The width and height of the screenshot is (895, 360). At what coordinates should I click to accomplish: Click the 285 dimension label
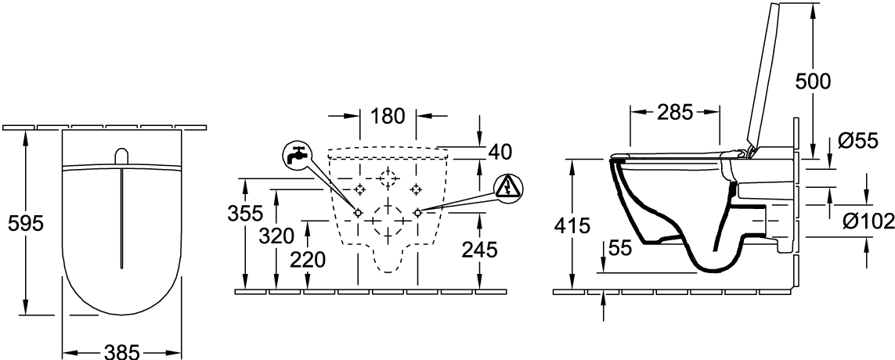[x=675, y=112]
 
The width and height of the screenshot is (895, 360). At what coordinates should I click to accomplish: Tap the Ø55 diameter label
[x=856, y=141]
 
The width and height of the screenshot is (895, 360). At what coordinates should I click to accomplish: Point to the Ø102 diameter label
[x=868, y=222]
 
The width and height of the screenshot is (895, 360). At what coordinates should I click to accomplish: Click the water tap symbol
[x=296, y=155]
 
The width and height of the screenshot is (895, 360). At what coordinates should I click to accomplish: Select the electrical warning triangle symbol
[x=507, y=187]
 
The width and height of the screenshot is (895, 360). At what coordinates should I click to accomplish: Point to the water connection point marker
[x=358, y=212]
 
